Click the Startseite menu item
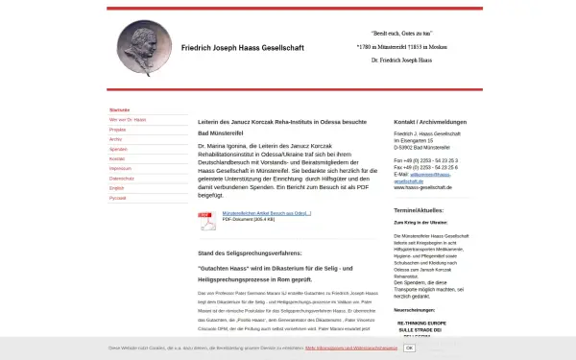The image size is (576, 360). [120, 109]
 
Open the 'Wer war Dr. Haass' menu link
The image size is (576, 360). [128, 119]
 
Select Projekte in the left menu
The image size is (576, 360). [118, 129]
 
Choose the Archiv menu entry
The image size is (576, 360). [116, 139]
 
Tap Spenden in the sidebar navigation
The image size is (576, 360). [118, 149]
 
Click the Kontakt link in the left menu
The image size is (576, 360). [117, 158]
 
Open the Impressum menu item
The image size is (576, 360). [120, 168]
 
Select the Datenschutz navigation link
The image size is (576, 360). [122, 179]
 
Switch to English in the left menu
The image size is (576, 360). [117, 188]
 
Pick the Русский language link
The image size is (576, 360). [118, 198]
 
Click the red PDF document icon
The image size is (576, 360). [206, 220]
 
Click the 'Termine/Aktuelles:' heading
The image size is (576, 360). [419, 208]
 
